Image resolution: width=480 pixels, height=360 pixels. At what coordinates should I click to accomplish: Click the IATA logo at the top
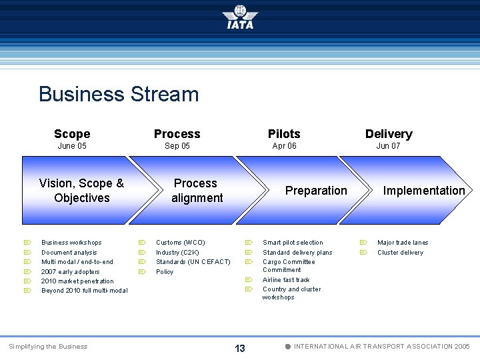click(240, 17)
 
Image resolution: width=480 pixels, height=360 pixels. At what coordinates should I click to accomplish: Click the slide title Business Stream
click(119, 94)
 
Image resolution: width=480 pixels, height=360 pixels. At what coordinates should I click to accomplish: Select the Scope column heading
click(72, 134)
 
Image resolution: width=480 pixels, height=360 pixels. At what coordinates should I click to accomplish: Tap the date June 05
click(72, 146)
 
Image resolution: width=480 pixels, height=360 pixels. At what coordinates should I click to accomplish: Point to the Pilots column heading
click(284, 134)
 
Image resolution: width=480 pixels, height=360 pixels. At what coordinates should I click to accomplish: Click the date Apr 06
click(284, 146)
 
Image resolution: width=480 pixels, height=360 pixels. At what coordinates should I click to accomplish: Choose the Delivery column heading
click(389, 134)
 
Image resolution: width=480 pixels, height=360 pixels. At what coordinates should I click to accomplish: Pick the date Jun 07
click(388, 146)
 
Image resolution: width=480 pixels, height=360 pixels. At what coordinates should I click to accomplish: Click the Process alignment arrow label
click(197, 191)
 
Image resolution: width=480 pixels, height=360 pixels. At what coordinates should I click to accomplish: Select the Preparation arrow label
click(316, 191)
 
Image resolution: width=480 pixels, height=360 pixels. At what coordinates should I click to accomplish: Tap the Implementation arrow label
click(424, 191)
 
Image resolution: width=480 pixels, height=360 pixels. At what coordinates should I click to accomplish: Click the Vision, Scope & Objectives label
click(81, 191)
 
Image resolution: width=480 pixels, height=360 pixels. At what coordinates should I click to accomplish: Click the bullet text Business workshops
click(71, 243)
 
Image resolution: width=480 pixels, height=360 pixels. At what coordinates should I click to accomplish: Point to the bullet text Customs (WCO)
click(180, 243)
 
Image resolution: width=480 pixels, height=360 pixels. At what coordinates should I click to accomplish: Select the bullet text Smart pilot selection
click(293, 243)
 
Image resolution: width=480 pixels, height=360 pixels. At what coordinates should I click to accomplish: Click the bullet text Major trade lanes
click(403, 243)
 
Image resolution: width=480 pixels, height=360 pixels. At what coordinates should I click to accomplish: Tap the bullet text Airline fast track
click(286, 280)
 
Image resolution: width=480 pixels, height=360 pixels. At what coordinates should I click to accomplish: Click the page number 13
click(240, 349)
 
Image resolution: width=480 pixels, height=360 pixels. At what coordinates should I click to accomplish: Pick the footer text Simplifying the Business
click(47, 347)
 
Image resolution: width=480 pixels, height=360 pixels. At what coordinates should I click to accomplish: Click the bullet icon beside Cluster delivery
click(363, 253)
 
